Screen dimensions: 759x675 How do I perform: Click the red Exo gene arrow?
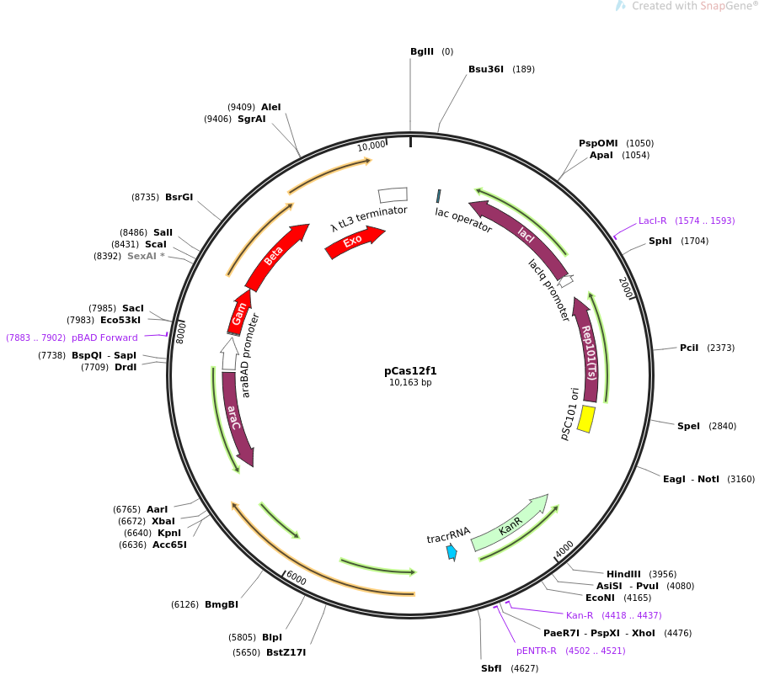click(355, 242)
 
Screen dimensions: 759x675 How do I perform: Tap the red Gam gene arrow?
click(238, 313)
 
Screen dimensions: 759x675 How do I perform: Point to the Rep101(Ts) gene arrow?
click(586, 349)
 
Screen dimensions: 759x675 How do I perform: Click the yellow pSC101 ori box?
click(586, 419)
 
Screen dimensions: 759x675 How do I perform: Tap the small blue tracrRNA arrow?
click(452, 552)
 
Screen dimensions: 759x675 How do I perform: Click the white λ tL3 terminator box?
click(393, 195)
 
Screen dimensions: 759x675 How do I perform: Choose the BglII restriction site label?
click(421, 51)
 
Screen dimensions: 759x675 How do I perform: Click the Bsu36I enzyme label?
click(486, 69)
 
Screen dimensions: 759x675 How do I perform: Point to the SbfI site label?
click(491, 668)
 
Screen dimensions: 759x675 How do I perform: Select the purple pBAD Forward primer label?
click(104, 337)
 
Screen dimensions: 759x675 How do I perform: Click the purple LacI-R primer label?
click(653, 221)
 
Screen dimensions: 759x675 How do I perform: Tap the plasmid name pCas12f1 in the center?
click(410, 371)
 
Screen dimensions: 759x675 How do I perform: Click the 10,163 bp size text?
click(410, 382)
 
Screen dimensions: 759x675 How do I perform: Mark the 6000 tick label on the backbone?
click(297, 577)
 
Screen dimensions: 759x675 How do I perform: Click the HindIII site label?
click(623, 574)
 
